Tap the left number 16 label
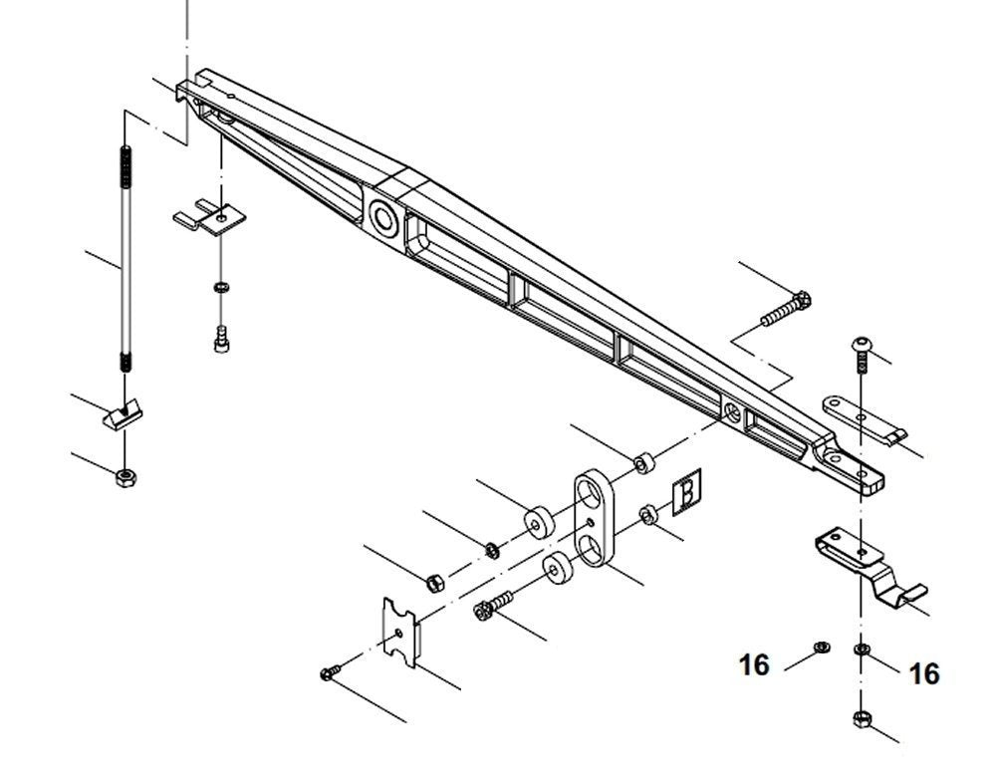(x=754, y=664)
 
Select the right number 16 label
(x=924, y=674)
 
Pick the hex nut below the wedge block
(x=126, y=478)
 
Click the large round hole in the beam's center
(x=381, y=216)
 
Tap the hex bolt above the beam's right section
(x=787, y=307)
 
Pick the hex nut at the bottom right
(x=861, y=719)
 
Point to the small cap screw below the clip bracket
(x=220, y=339)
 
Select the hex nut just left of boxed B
(x=645, y=514)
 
